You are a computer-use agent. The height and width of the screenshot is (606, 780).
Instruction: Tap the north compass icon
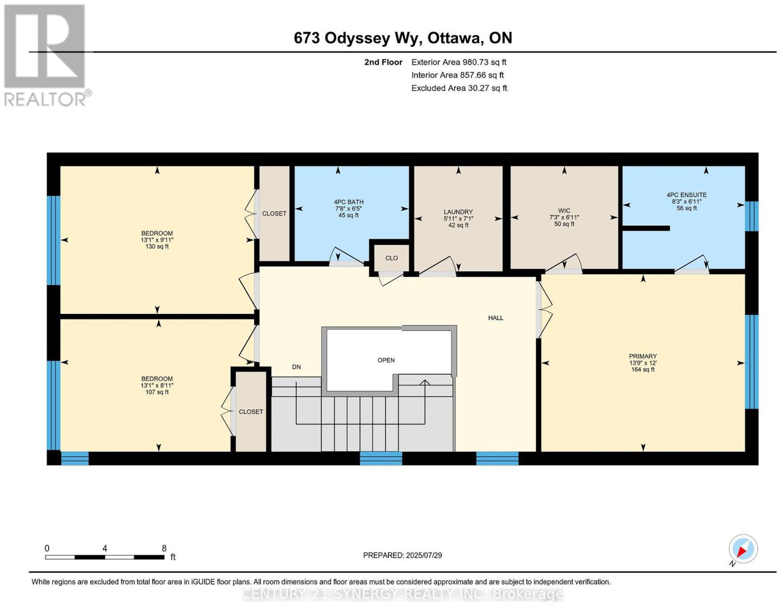(x=742, y=549)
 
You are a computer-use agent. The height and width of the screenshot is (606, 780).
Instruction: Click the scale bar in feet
(x=105, y=557)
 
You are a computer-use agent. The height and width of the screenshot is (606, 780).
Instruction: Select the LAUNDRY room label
(x=458, y=212)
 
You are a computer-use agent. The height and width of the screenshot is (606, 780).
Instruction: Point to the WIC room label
(x=564, y=211)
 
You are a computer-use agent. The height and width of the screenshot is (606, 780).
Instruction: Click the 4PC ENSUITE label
(x=686, y=195)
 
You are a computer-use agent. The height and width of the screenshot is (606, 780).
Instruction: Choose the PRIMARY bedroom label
(x=643, y=356)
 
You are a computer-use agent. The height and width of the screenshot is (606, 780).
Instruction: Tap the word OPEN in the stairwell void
(x=386, y=360)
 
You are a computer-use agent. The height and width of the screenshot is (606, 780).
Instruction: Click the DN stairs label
(x=296, y=367)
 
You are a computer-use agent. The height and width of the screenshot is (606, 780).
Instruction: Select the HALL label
(x=495, y=318)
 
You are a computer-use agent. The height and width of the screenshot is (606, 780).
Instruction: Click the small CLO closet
(x=391, y=258)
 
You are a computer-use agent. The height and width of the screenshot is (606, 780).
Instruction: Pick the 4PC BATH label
(x=349, y=202)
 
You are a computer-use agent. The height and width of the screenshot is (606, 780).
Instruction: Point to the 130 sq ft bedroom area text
(x=157, y=247)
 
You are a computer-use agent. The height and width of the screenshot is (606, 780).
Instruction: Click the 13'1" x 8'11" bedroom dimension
(x=157, y=385)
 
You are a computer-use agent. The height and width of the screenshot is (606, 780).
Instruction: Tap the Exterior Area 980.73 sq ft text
(x=458, y=62)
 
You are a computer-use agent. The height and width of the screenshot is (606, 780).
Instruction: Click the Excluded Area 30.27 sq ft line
(x=459, y=88)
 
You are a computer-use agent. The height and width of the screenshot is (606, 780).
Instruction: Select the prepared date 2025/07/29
(x=424, y=555)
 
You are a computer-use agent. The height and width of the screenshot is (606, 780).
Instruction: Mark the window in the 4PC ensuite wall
(x=751, y=216)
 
